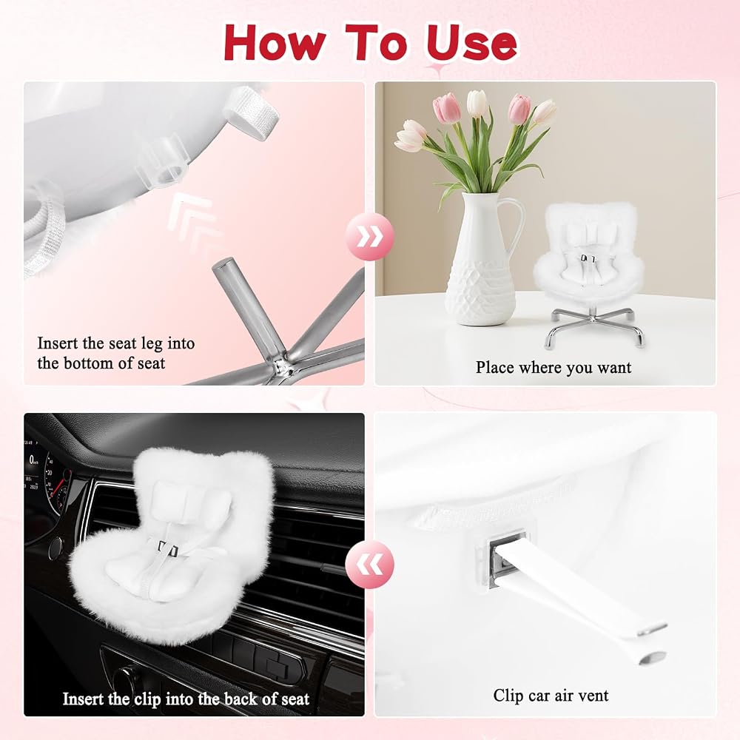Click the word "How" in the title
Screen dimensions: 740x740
(275, 42)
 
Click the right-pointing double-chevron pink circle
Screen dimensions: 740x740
(369, 237)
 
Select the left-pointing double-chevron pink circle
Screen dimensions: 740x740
(369, 565)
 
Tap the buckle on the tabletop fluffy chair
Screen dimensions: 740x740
(588, 258)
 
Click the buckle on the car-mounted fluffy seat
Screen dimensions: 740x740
(167, 549)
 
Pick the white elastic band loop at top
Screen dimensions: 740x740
(250, 112)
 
